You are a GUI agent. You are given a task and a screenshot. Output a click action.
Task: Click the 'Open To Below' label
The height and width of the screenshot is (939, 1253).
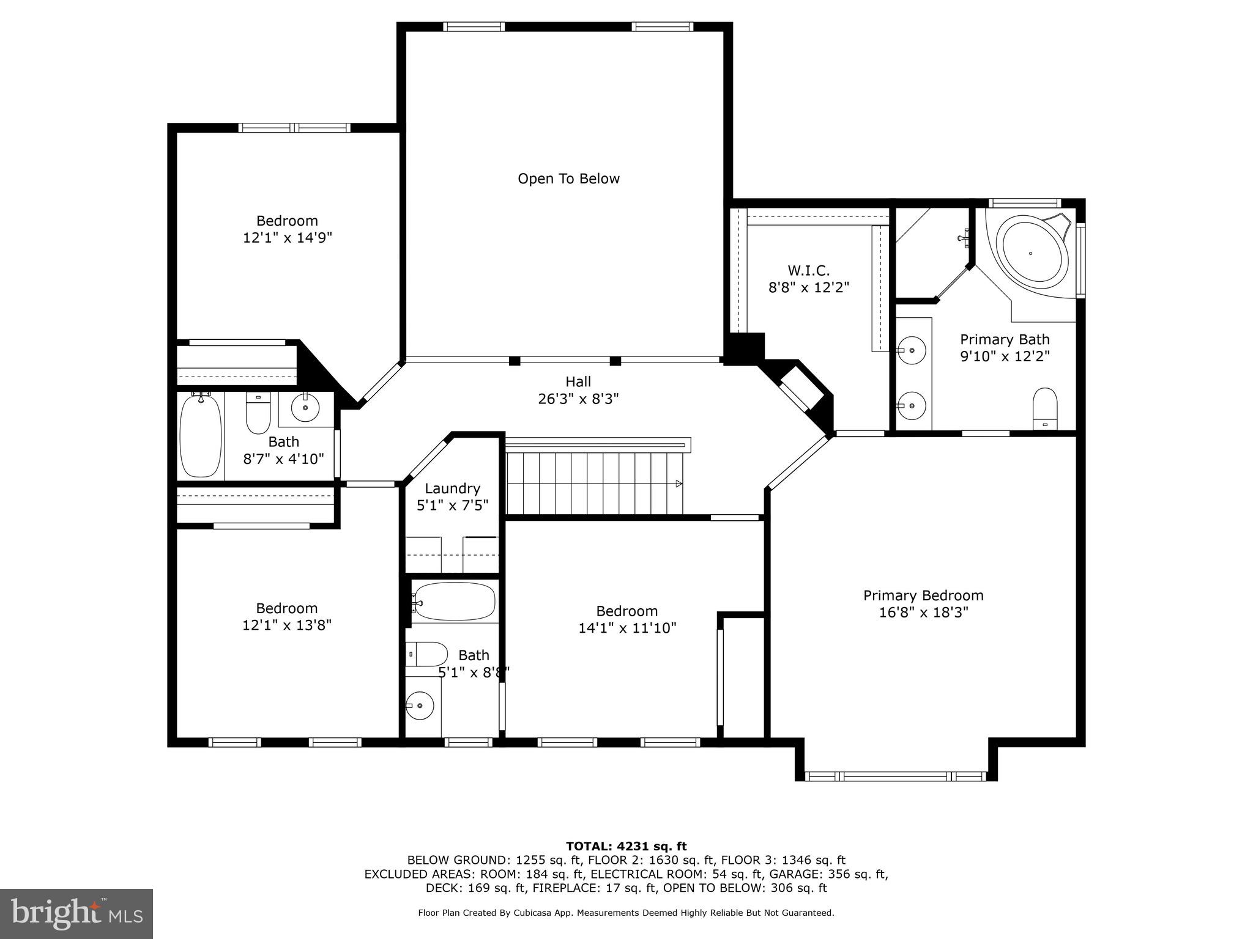tap(568, 179)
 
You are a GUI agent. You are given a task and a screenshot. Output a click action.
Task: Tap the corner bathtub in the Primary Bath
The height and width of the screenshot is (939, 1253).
tap(1032, 252)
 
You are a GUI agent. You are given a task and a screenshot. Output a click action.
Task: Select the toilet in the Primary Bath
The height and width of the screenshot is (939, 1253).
tap(1044, 408)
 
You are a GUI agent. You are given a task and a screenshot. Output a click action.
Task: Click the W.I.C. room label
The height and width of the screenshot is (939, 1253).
tap(808, 270)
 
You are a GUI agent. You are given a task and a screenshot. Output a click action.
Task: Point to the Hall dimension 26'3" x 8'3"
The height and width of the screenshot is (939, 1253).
tap(578, 399)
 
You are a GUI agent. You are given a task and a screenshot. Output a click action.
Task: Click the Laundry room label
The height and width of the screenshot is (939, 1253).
tap(452, 488)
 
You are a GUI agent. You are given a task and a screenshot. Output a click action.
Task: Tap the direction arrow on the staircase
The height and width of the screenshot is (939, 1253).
tap(679, 484)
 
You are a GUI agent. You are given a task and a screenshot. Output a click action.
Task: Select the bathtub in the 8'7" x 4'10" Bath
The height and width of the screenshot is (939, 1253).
tap(200, 435)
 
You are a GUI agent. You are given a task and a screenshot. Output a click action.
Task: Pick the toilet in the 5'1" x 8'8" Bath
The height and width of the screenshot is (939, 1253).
tap(427, 654)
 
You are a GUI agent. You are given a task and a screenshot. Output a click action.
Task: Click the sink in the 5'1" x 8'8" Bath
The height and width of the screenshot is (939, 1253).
tap(420, 706)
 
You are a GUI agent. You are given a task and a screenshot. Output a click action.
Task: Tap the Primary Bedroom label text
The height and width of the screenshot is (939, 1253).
tap(923, 595)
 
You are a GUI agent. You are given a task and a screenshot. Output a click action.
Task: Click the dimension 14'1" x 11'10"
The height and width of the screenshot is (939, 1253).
tap(627, 628)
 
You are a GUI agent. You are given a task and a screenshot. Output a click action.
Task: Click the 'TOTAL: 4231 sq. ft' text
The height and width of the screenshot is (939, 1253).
tap(626, 846)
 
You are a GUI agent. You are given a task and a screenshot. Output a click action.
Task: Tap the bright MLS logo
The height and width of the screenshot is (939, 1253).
tap(76, 913)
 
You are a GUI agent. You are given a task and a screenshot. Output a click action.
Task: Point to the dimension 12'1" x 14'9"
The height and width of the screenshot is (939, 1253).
tap(287, 238)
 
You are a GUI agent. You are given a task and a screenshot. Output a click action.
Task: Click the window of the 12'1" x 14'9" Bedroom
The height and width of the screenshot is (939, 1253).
tap(294, 128)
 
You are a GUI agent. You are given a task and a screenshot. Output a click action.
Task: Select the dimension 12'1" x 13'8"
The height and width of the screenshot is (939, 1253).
tap(286, 625)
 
